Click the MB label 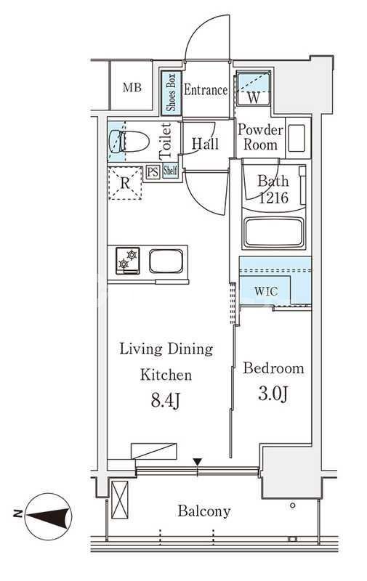pos(132,87)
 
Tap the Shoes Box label pos(171,93)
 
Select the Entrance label pos(206,89)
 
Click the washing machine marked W pos(254,89)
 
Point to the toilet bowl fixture pos(129,141)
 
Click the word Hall pos(205,143)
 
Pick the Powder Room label pos(260,137)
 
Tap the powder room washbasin pos(297,138)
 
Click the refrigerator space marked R pos(125,184)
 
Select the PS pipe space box pos(153,172)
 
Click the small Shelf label pos(170,171)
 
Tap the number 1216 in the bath pos(273,198)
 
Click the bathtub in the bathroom pos(274,232)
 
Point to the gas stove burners pos(127,261)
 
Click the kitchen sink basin pos(166,261)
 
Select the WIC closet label pos(266,291)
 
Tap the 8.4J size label pos(166,401)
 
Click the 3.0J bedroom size pos(273,394)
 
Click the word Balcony pos(204,511)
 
